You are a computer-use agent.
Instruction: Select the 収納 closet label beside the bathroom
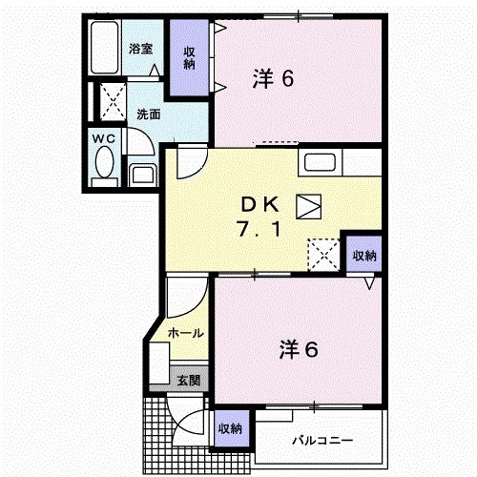coord(189,57)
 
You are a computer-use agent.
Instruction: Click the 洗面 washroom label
coord(148,114)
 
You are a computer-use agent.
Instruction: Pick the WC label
coord(103,139)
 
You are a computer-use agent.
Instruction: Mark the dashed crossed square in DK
coord(321,253)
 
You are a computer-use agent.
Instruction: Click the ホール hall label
coord(184,333)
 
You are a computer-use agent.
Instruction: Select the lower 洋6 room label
coord(299,349)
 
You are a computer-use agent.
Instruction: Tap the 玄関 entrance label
coord(188,380)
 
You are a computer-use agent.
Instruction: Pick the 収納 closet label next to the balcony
coord(230,428)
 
